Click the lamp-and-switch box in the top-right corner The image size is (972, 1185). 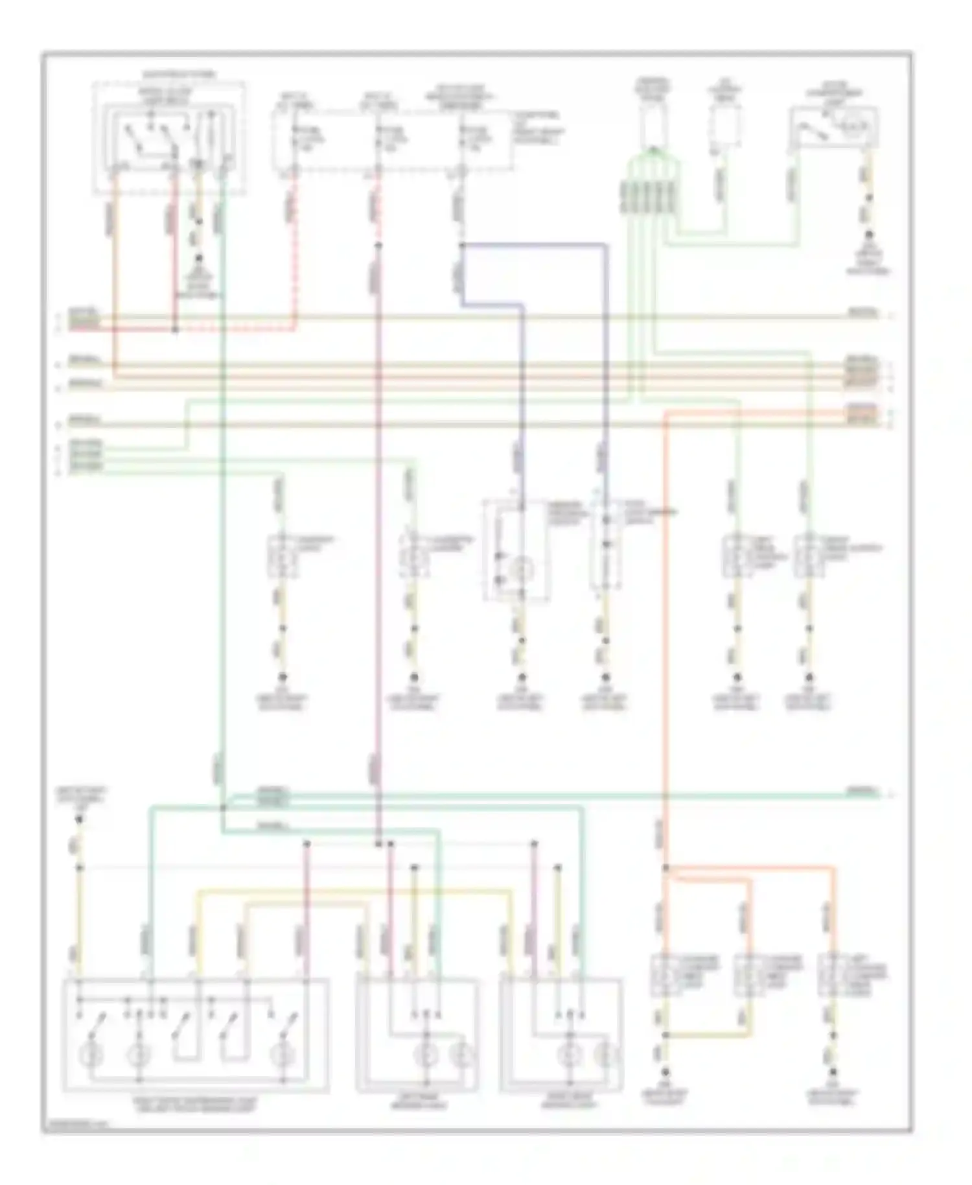tap(833, 128)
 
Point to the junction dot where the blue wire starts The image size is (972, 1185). tap(461, 245)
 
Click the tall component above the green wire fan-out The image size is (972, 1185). tap(653, 123)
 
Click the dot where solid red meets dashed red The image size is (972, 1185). tap(175, 329)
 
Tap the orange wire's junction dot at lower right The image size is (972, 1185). tap(665, 867)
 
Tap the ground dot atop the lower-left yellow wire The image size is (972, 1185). tap(79, 819)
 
